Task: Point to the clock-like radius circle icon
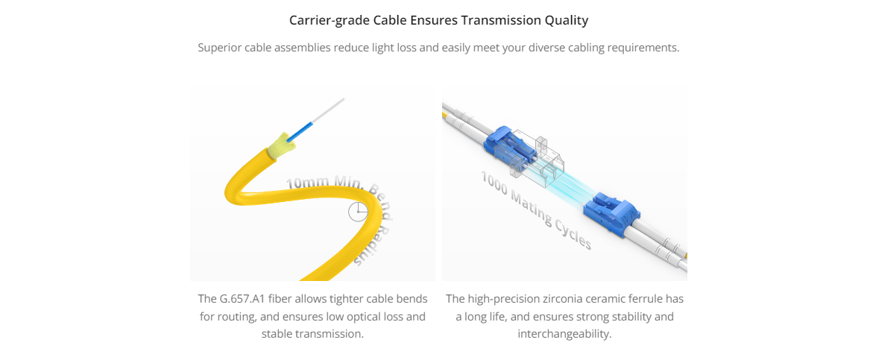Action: [x=358, y=211]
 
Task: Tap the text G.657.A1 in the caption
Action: [x=245, y=299]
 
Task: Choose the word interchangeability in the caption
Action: [x=564, y=335]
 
